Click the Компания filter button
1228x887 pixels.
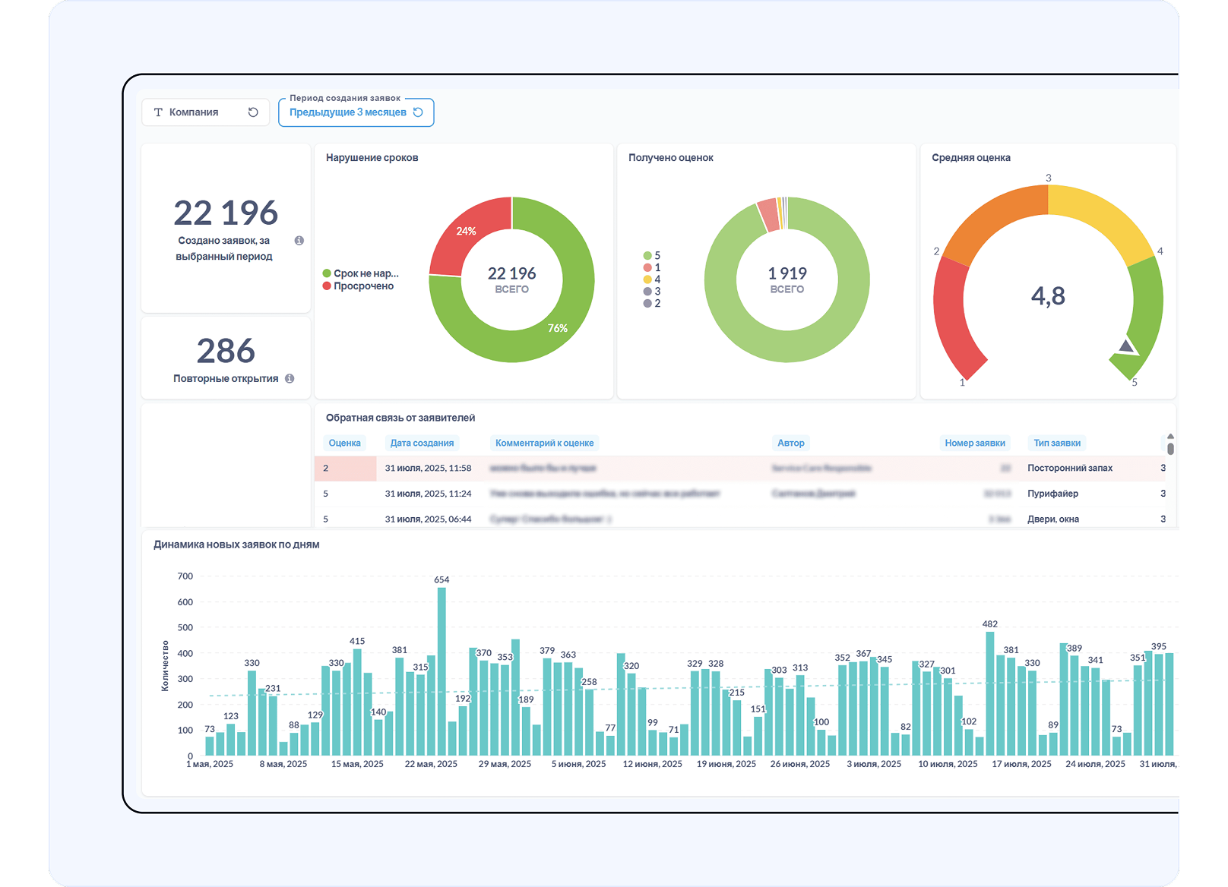[205, 112]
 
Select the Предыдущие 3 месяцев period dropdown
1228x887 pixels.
[356, 112]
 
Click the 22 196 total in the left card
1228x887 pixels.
[226, 213]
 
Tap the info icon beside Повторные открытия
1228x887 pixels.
[290, 379]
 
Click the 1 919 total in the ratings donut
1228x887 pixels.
[787, 274]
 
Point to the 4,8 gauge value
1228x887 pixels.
[1048, 296]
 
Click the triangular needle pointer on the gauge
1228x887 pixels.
[1127, 348]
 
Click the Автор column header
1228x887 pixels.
[790, 443]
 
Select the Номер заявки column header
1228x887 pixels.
[974, 443]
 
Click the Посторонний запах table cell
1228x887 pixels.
[1070, 469]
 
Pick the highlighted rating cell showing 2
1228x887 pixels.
[345, 469]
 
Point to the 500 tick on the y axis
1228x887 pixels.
[185, 628]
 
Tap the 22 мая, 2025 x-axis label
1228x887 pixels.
[431, 764]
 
